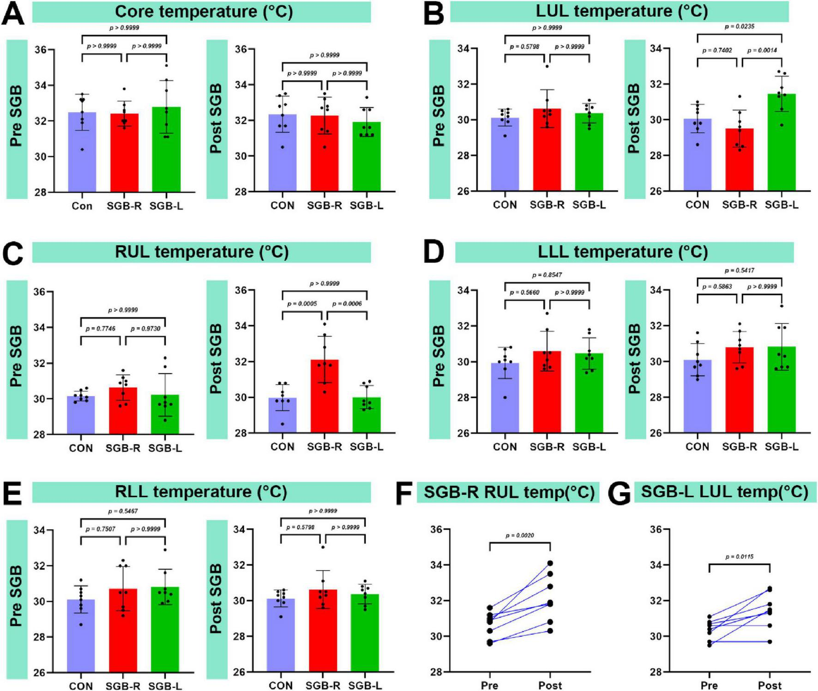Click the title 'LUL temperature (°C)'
pyautogui.click(x=621, y=11)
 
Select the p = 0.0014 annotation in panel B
pyautogui.click(x=762, y=50)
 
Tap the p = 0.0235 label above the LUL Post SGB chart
pyautogui.click(x=740, y=27)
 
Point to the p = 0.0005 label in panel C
pyautogui.click(x=302, y=304)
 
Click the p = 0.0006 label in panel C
pyautogui.click(x=347, y=304)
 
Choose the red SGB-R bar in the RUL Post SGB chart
pyautogui.click(x=325, y=397)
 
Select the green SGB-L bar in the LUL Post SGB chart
pyautogui.click(x=782, y=143)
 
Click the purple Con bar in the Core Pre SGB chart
pyautogui.click(x=82, y=152)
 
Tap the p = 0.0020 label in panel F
pyautogui.click(x=520, y=536)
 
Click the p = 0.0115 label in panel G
pyautogui.click(x=740, y=557)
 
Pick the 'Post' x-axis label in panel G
pyautogui.click(x=770, y=685)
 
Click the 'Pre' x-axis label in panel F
pyautogui.click(x=489, y=685)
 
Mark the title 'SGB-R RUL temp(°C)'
pyautogui.click(x=509, y=492)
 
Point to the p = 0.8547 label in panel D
pyautogui.click(x=547, y=275)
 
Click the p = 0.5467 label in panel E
pyautogui.click(x=123, y=511)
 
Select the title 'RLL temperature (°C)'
pyautogui.click(x=201, y=492)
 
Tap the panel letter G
pyautogui.click(x=619, y=494)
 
